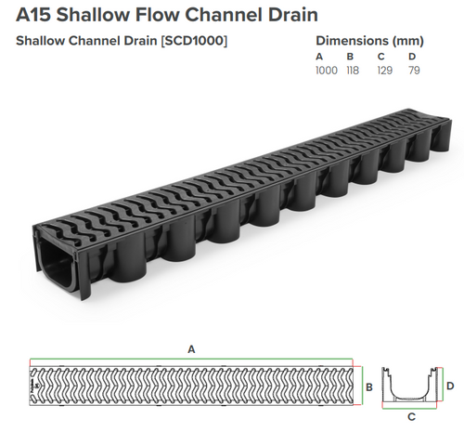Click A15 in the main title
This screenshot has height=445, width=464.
coord(32,16)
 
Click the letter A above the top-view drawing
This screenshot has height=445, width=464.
coord(191,349)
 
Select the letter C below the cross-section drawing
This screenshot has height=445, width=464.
coord(411,417)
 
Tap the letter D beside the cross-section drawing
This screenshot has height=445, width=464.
coord(449,384)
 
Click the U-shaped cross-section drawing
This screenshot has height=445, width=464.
coord(411,385)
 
